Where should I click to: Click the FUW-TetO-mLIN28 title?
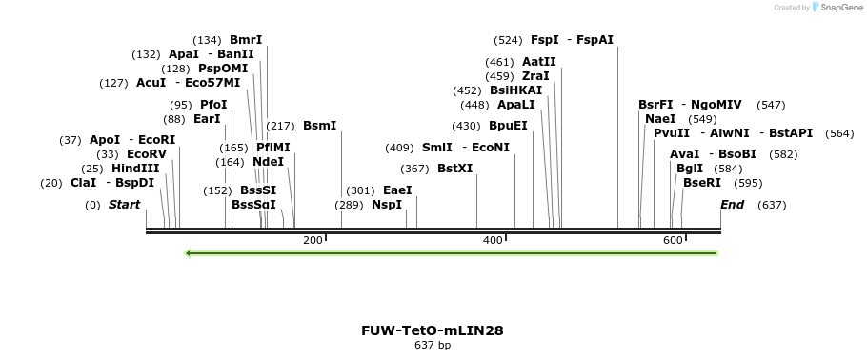tap(432, 330)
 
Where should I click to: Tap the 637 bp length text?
tap(432, 345)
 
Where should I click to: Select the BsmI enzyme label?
tap(319, 126)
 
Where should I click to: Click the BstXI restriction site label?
tap(454, 169)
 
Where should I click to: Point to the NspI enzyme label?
tap(387, 205)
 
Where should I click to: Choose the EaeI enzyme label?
tap(396, 190)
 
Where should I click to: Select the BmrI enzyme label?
tap(246, 40)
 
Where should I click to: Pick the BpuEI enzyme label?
tap(508, 126)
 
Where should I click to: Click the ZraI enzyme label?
tap(535, 76)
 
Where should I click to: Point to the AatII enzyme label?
tap(539, 62)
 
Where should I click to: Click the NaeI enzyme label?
tap(660, 119)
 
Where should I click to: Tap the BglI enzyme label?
tap(689, 169)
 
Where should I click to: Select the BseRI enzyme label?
tap(702, 183)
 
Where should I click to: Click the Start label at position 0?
tap(124, 205)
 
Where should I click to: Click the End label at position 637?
tap(732, 205)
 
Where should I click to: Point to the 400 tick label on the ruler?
tap(493, 240)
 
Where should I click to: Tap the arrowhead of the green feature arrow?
tap(190, 253)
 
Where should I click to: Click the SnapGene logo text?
tap(839, 8)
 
